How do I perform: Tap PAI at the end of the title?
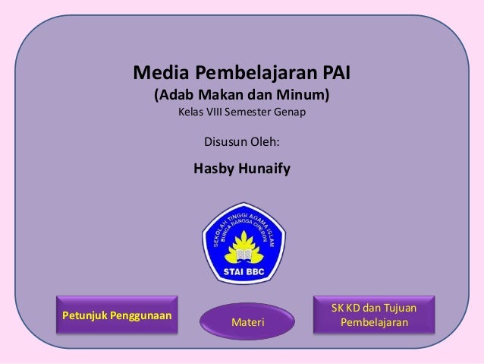coord(336,74)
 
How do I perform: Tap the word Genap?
coord(293,114)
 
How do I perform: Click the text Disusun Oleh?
coord(242,142)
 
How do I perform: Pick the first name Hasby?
coord(215,168)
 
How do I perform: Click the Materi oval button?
coord(247,323)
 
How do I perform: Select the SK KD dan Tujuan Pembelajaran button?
coord(375,315)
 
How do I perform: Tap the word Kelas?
coord(192,114)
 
